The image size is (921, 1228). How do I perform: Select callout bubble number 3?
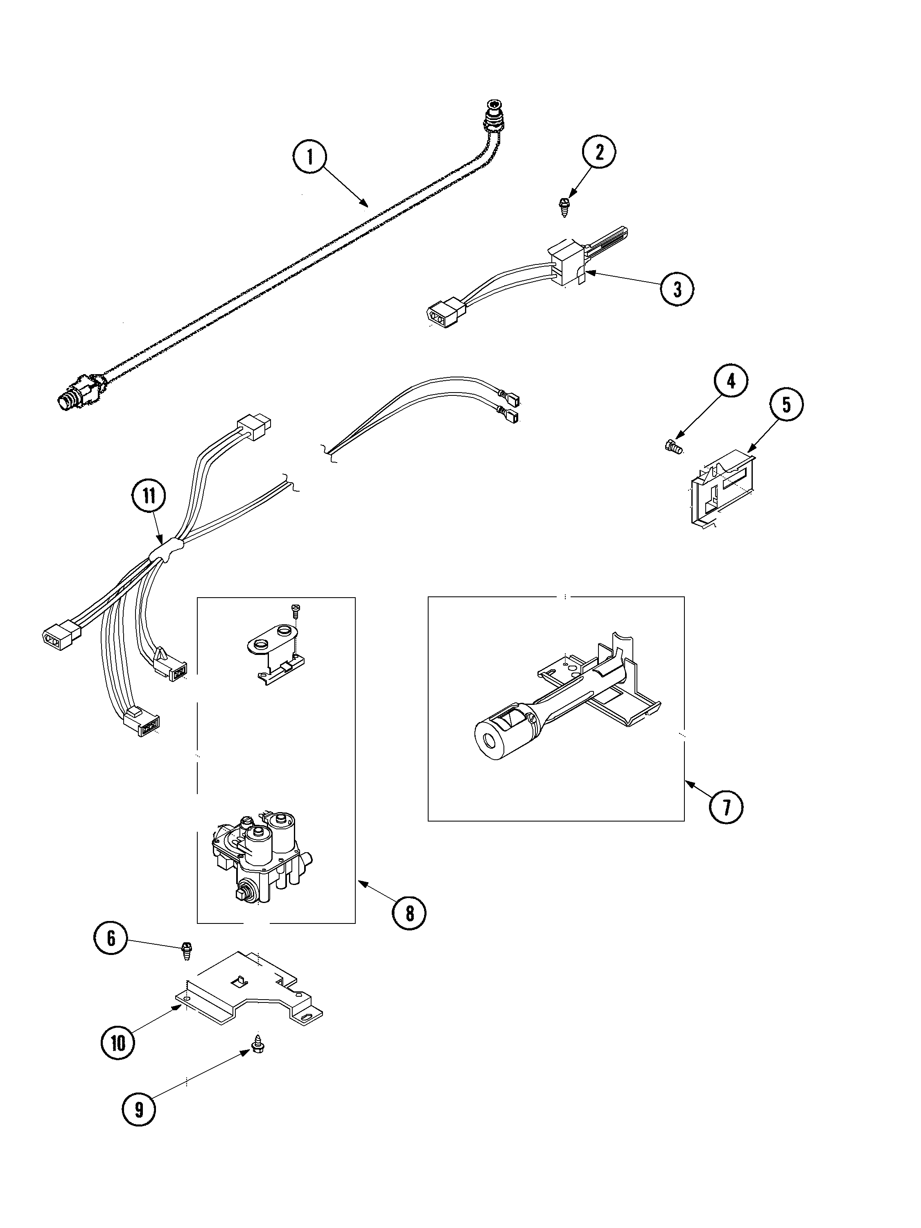[677, 289]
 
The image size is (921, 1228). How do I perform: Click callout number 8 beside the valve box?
[409, 912]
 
